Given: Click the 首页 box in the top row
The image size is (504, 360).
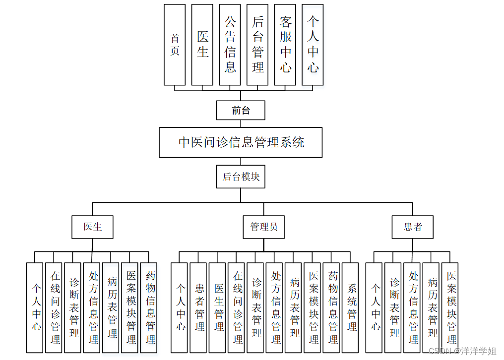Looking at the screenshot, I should pos(175,45).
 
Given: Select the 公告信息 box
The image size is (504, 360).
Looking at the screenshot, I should pos(230,45).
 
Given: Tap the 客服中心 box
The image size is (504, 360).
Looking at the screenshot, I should pos(285,45).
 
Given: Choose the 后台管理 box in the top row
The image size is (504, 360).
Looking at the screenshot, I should pos(257,45).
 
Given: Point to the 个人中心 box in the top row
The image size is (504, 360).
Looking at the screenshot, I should pos(313,45).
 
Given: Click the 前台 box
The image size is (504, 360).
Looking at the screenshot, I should pos(241,110).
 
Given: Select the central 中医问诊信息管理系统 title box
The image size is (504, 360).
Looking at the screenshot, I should pos(241,143).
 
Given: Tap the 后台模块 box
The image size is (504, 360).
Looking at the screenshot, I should pos(241,177).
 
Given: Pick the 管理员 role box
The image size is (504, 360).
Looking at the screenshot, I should pos(263,227).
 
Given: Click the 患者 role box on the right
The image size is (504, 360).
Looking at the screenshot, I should pos(412,227).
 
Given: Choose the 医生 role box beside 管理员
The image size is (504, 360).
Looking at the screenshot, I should pos(92,227).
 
